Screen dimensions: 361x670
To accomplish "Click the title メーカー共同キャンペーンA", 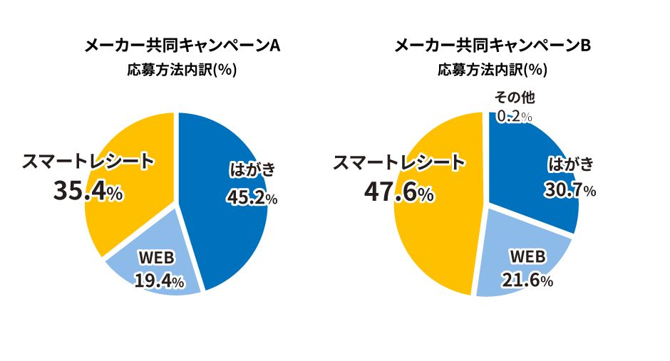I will (182, 46).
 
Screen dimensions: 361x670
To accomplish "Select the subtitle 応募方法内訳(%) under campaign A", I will (182, 70).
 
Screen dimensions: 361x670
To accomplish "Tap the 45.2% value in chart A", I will (252, 197).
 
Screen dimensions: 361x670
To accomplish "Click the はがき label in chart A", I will (252, 170).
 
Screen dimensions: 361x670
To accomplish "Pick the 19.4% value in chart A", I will (159, 281).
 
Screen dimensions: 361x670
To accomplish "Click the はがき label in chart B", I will (570, 164).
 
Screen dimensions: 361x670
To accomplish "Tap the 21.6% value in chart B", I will (527, 281).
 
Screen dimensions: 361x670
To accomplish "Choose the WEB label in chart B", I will (527, 256).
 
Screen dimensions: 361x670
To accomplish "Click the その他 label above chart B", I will (515, 98).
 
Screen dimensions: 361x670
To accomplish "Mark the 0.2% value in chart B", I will (515, 116).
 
